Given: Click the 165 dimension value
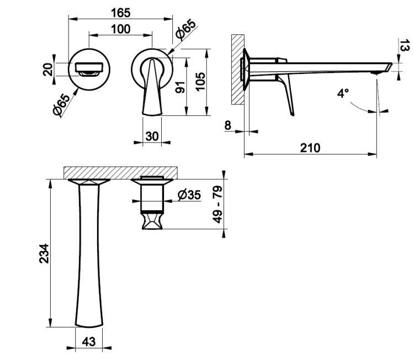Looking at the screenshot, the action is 121,13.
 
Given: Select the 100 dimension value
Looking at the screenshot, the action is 121,29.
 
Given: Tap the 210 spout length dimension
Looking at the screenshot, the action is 310,148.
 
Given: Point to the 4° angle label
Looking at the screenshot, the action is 343,93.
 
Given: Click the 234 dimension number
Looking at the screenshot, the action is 44,253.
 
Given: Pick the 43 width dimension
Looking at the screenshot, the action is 88,342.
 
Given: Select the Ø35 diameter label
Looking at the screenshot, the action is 189,195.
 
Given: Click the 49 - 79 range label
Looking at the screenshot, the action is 218,204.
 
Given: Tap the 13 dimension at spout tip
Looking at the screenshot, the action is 405,45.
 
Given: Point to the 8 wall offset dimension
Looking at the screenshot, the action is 228,125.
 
